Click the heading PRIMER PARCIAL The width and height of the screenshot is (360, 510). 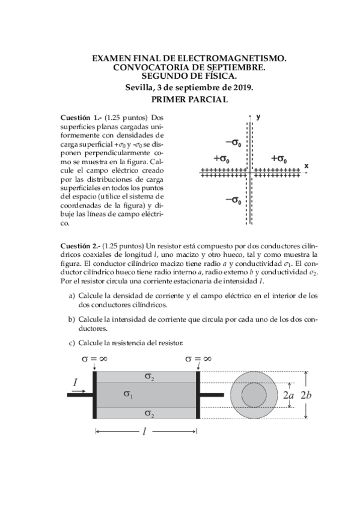click(189, 99)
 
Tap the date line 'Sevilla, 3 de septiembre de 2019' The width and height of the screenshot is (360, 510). click(189, 87)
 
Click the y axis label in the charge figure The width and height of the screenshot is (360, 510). click(258, 117)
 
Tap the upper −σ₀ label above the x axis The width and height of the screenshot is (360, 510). click(233, 143)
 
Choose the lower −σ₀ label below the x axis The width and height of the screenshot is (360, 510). click(233, 200)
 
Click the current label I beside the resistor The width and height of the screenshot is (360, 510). click(75, 382)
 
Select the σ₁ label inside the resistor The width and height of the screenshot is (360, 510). click(128, 394)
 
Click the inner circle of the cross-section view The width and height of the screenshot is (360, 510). click(255, 395)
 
